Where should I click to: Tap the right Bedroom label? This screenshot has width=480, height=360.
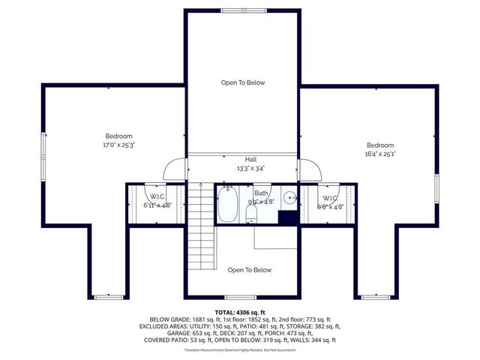click(380, 145)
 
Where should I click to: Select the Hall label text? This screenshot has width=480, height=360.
click(250, 160)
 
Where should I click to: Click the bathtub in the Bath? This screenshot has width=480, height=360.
click(228, 205)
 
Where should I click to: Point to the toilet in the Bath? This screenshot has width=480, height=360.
click(252, 214)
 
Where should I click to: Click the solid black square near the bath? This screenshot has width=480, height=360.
click(287, 217)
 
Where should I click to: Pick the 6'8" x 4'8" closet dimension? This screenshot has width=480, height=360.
click(330, 206)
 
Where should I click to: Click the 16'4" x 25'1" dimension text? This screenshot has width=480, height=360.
click(380, 153)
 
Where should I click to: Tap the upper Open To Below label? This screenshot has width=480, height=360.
click(242, 82)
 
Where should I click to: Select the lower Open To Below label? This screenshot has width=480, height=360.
click(249, 270)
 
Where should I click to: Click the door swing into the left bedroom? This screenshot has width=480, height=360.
click(175, 169)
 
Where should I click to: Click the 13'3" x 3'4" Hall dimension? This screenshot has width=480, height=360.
click(250, 168)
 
